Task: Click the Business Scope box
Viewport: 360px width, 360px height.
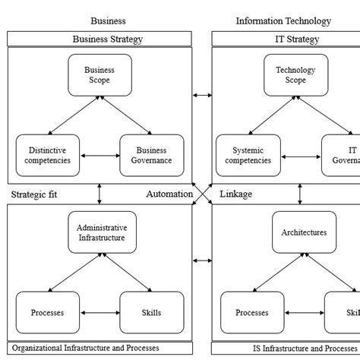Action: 99,74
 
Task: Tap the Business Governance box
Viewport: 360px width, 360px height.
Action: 151,155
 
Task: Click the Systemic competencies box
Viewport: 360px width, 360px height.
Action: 248,155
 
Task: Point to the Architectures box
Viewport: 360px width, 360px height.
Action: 304,232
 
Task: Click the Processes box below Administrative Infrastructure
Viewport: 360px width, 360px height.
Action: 47,312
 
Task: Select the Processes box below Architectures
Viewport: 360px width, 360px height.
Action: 251,312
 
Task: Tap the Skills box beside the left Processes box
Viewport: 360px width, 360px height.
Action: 151,312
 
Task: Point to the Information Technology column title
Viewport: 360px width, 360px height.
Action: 283,21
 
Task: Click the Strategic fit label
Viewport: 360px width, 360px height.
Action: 34,194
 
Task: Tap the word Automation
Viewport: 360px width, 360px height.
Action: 169,194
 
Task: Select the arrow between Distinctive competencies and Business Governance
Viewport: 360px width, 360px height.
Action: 99,156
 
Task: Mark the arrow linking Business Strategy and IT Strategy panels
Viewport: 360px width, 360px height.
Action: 202,95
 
